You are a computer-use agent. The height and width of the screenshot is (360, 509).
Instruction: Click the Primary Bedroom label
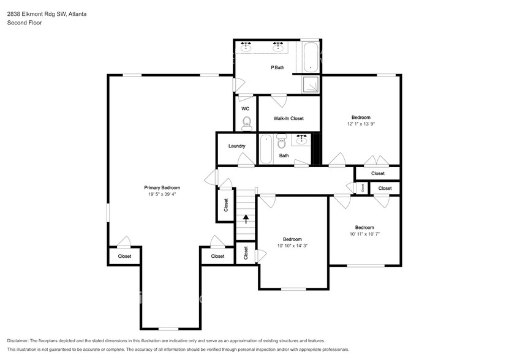[x=162, y=188]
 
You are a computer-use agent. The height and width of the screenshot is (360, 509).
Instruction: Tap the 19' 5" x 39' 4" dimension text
[x=162, y=195]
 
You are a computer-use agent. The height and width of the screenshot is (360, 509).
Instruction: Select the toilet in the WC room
[x=246, y=125]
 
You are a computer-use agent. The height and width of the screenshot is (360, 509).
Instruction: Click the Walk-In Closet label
[x=288, y=118]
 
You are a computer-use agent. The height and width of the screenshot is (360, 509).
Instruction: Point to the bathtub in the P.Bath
[x=310, y=56]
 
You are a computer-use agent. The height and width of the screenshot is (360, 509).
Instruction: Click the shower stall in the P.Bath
[x=312, y=84]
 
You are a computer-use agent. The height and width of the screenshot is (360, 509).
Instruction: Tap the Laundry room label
[x=236, y=146]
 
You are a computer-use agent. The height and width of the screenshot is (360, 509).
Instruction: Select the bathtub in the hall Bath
[x=266, y=149]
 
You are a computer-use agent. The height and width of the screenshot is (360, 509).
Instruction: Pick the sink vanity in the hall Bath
[x=301, y=140]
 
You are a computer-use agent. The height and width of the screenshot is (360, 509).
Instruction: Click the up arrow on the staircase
[x=246, y=219]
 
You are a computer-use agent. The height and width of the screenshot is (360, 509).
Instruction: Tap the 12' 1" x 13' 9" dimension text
[x=361, y=124]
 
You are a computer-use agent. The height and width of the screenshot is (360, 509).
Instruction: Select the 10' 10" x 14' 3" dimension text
[x=292, y=246]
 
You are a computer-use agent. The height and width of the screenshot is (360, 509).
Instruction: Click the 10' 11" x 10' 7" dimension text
[x=364, y=233]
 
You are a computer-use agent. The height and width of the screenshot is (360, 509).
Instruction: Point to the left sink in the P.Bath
[x=246, y=45]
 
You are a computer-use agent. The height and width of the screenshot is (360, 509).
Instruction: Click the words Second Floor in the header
[x=23, y=23]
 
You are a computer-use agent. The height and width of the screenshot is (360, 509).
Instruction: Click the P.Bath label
[x=277, y=67]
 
